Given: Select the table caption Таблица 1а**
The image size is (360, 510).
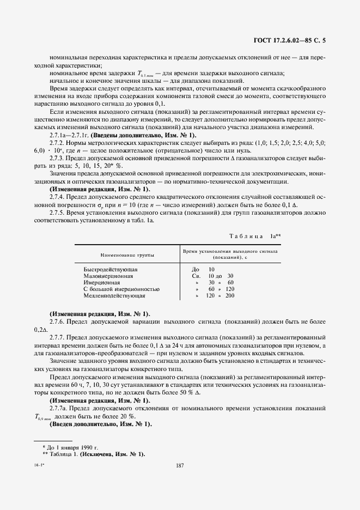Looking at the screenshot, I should coord(254,236).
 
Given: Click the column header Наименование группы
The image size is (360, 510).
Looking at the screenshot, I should coord(126,254).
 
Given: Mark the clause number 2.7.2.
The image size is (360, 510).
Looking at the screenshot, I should coord(59,142).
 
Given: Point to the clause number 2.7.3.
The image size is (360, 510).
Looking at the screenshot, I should coord(59,157).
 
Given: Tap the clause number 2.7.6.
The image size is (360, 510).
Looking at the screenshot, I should coord(59,322).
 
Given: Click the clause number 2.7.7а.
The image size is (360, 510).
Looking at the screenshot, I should coord(60,408).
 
